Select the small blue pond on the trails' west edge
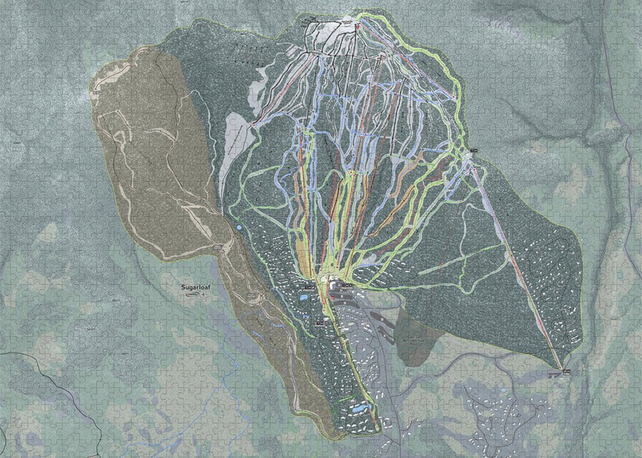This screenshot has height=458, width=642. coord(239,227)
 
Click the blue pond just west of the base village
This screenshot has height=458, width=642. coord(303,298)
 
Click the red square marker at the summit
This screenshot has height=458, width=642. coord(357,26)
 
